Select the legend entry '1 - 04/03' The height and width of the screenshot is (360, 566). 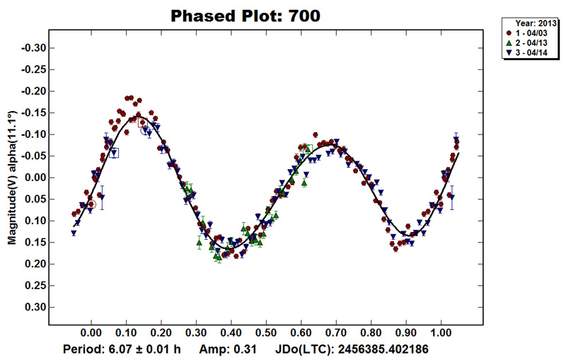pos(533,33)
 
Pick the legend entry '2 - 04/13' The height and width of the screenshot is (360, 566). pos(533,43)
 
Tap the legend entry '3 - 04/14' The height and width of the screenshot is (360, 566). pos(533,54)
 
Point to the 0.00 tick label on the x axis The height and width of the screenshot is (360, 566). pos(91,331)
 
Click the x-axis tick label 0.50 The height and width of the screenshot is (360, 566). pos(266,331)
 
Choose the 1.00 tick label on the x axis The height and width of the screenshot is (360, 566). pos(441,331)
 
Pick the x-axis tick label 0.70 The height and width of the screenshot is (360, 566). pos(336,331)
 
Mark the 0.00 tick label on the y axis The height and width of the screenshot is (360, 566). pos(33,178)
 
